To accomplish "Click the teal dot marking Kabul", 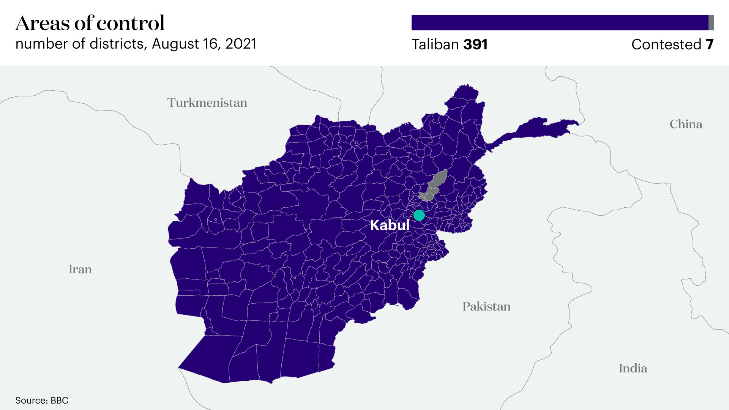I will pos(419,215).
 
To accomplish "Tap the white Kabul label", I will pos(390,225).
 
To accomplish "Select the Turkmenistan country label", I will pos(207,102).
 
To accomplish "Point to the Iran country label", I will pos(80,269).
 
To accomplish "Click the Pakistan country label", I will pos(486,306).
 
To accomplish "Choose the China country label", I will pos(686,124).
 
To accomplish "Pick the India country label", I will pos(633,368).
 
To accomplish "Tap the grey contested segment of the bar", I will pos(711,23).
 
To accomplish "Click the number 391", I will pos(476,44).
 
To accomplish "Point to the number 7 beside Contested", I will pos(710,44).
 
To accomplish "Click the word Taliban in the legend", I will pos(435,44).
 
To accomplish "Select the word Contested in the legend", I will pos(666,44).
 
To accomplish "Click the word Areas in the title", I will pos(43,23).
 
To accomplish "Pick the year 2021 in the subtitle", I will pos(241,44).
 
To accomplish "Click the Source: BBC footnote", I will pos(42,400).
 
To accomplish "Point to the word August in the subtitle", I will pos(175,44).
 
